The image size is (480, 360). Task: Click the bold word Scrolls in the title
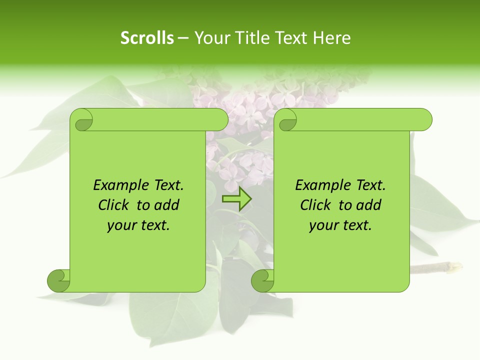click(x=147, y=38)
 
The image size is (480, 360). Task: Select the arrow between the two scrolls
click(x=236, y=199)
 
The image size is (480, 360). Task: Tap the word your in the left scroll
click(x=121, y=225)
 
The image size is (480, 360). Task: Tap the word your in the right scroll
click(x=323, y=225)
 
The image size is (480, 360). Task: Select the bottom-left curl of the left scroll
click(x=58, y=281)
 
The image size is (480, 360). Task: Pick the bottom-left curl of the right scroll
click(x=262, y=281)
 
